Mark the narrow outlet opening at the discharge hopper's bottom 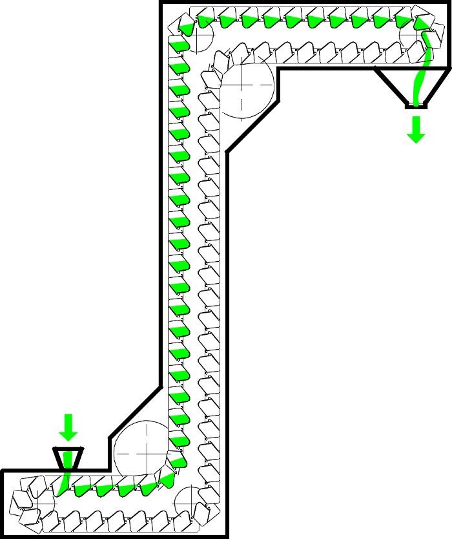416,105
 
